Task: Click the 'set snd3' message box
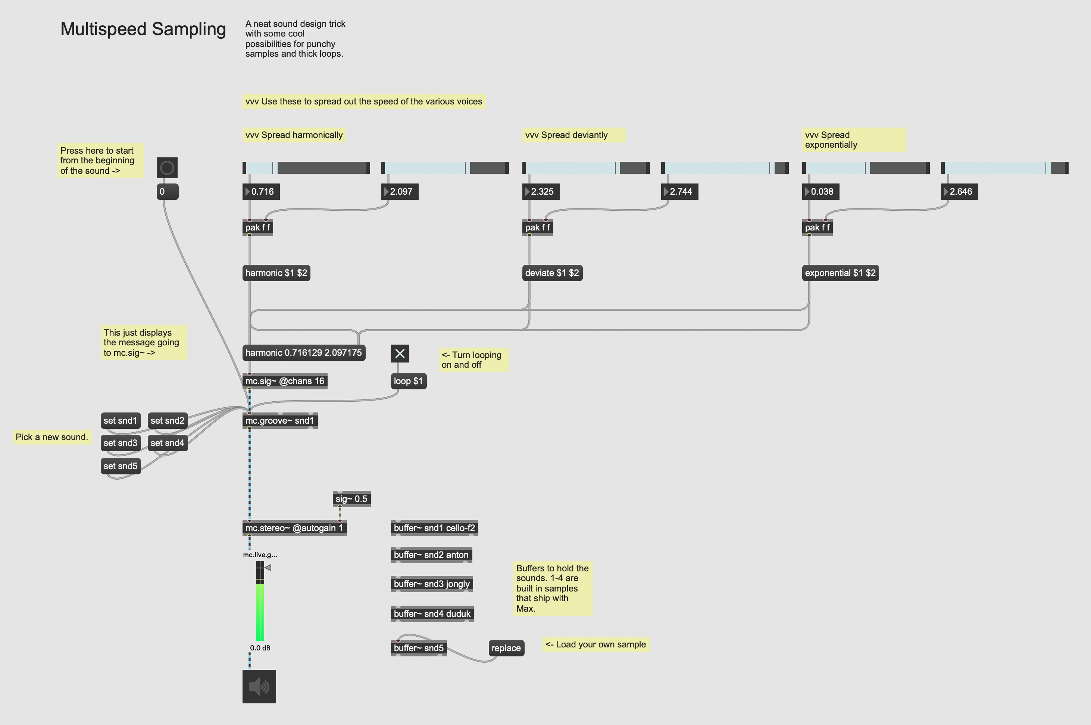tap(120, 443)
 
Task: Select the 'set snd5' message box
tap(120, 466)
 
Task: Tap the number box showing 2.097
tap(400, 191)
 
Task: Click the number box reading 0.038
tap(821, 191)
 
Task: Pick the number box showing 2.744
tap(680, 191)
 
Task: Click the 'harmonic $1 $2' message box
tap(276, 273)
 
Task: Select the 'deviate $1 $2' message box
tap(552, 273)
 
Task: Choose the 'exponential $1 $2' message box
tap(840, 273)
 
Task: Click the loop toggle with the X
tap(400, 354)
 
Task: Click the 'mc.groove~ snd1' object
tap(279, 421)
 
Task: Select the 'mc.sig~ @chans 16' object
tap(284, 381)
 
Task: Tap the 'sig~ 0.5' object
tap(351, 499)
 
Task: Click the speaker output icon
tap(259, 687)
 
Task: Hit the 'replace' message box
tap(506, 648)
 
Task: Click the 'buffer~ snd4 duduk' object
tap(432, 613)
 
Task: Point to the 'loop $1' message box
tap(408, 381)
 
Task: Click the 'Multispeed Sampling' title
tap(143, 29)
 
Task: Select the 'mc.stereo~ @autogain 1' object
tap(294, 528)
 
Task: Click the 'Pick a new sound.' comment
tap(51, 437)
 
